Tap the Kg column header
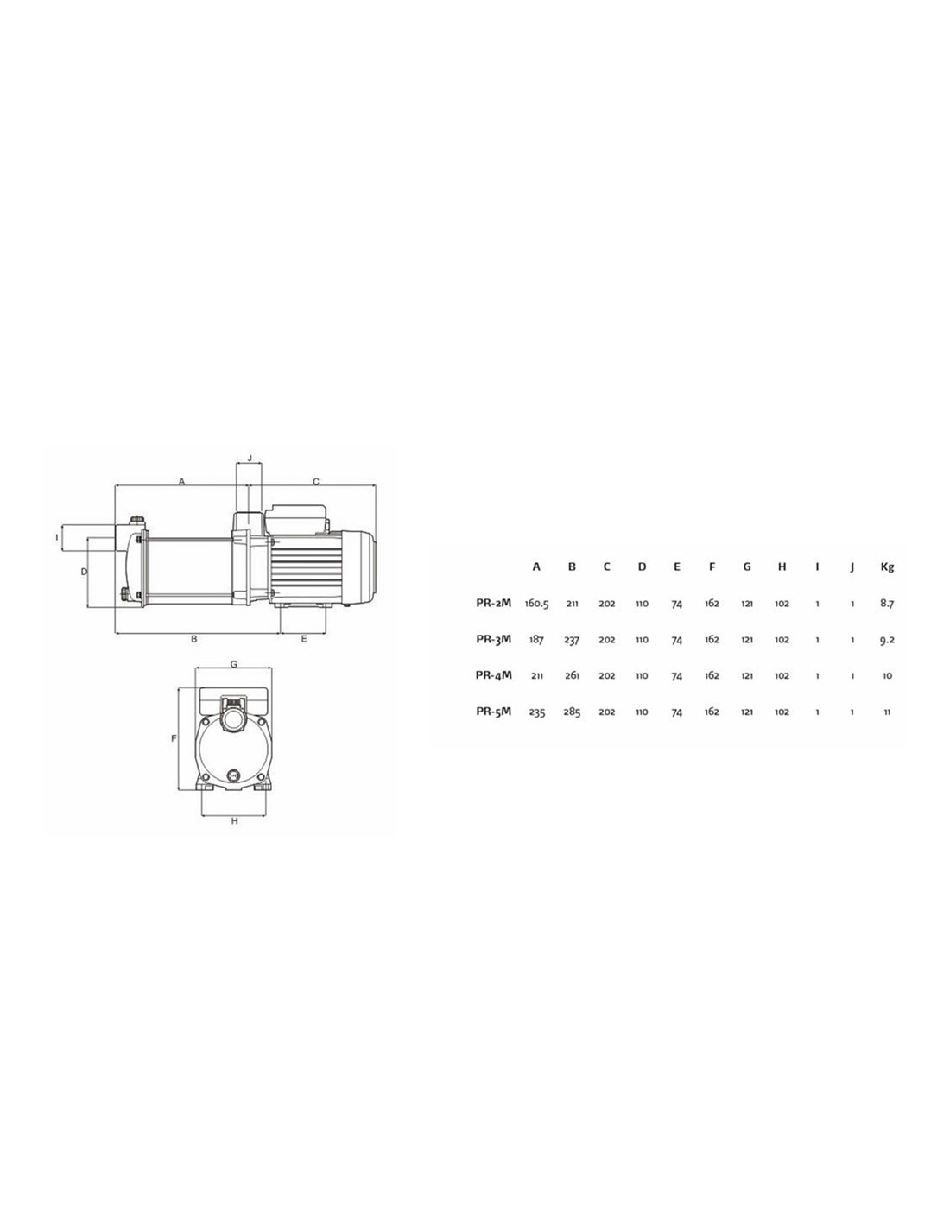point(887,567)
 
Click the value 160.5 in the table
point(536,604)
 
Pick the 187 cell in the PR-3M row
point(536,640)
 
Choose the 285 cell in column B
point(572,712)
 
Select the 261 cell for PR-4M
point(572,675)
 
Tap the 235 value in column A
point(536,712)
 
